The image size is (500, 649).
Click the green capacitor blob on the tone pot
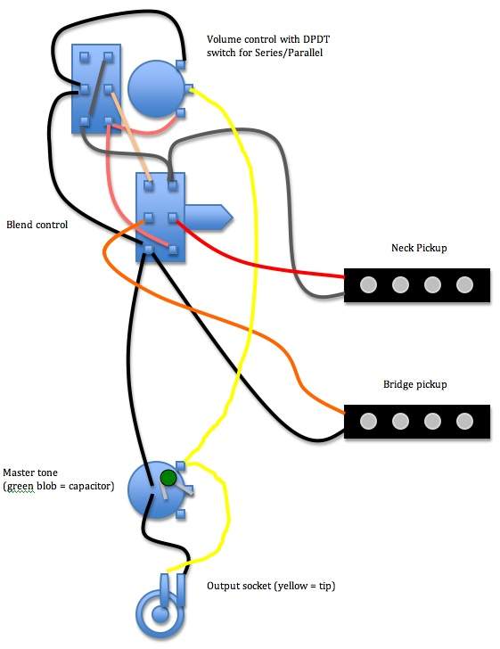(168, 478)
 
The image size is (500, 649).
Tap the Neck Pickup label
(419, 248)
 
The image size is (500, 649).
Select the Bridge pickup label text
(414, 384)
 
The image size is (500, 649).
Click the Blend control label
(37, 225)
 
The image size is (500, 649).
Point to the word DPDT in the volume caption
(316, 39)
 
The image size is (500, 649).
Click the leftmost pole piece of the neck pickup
(368, 284)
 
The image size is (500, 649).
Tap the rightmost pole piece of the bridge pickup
(464, 422)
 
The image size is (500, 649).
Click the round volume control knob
(156, 89)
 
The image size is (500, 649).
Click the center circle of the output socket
(160, 614)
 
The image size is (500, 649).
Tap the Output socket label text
(271, 586)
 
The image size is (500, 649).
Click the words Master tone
(30, 472)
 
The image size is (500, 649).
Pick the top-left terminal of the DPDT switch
(85, 57)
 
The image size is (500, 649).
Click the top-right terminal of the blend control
(173, 185)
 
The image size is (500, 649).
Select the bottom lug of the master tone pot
(180, 514)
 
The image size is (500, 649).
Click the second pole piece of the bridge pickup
(400, 422)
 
